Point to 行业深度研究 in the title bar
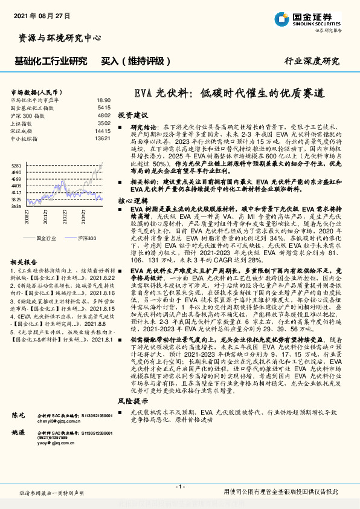coord(311,61)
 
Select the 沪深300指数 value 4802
coord(104,115)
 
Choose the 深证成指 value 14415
coord(103,131)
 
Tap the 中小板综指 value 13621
coord(103,138)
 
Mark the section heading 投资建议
coord(132,114)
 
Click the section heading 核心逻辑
coord(132,199)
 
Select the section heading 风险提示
coord(132,401)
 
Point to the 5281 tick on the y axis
coord(16,165)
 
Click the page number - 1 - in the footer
coord(179,486)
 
